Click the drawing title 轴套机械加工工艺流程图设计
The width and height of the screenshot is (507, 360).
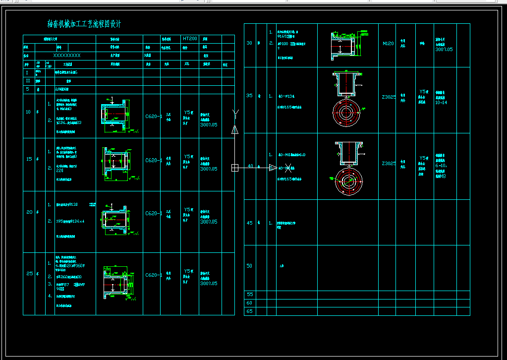coord(84,24)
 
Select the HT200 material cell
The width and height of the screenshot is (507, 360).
coord(190,39)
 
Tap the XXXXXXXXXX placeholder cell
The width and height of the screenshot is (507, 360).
coord(67,56)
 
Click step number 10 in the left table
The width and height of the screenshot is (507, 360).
coord(29,112)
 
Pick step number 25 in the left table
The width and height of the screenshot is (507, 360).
coord(29,273)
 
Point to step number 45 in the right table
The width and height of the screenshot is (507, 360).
coord(249,223)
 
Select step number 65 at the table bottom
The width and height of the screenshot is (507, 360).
coord(249,311)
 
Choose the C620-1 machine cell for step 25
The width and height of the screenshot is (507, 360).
coord(154,275)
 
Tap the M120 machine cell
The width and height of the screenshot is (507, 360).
coord(388,44)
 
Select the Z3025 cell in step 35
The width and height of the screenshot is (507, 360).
coord(389,98)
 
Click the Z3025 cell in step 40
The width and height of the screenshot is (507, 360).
coord(389,163)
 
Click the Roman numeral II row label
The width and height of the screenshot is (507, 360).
coord(28,80)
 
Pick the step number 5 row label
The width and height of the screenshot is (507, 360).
coord(28,89)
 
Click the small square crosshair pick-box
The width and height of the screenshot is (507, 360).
coord(235,168)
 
